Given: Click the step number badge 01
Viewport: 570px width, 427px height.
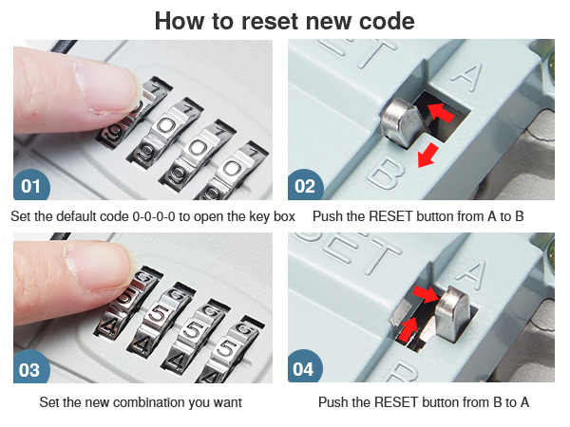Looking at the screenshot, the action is click(x=31, y=185).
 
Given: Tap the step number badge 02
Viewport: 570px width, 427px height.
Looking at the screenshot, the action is click(x=305, y=185).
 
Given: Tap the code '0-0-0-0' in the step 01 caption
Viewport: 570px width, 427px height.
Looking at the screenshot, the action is click(x=153, y=216).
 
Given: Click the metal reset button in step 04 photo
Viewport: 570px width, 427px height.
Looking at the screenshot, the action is click(x=452, y=313).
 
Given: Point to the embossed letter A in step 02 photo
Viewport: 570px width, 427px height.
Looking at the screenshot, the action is click(x=468, y=77).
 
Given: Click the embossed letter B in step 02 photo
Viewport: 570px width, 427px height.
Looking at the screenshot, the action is click(x=386, y=174).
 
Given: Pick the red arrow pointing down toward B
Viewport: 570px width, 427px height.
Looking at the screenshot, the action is click(x=427, y=156).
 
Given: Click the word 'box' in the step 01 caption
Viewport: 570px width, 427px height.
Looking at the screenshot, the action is click(x=284, y=216).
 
